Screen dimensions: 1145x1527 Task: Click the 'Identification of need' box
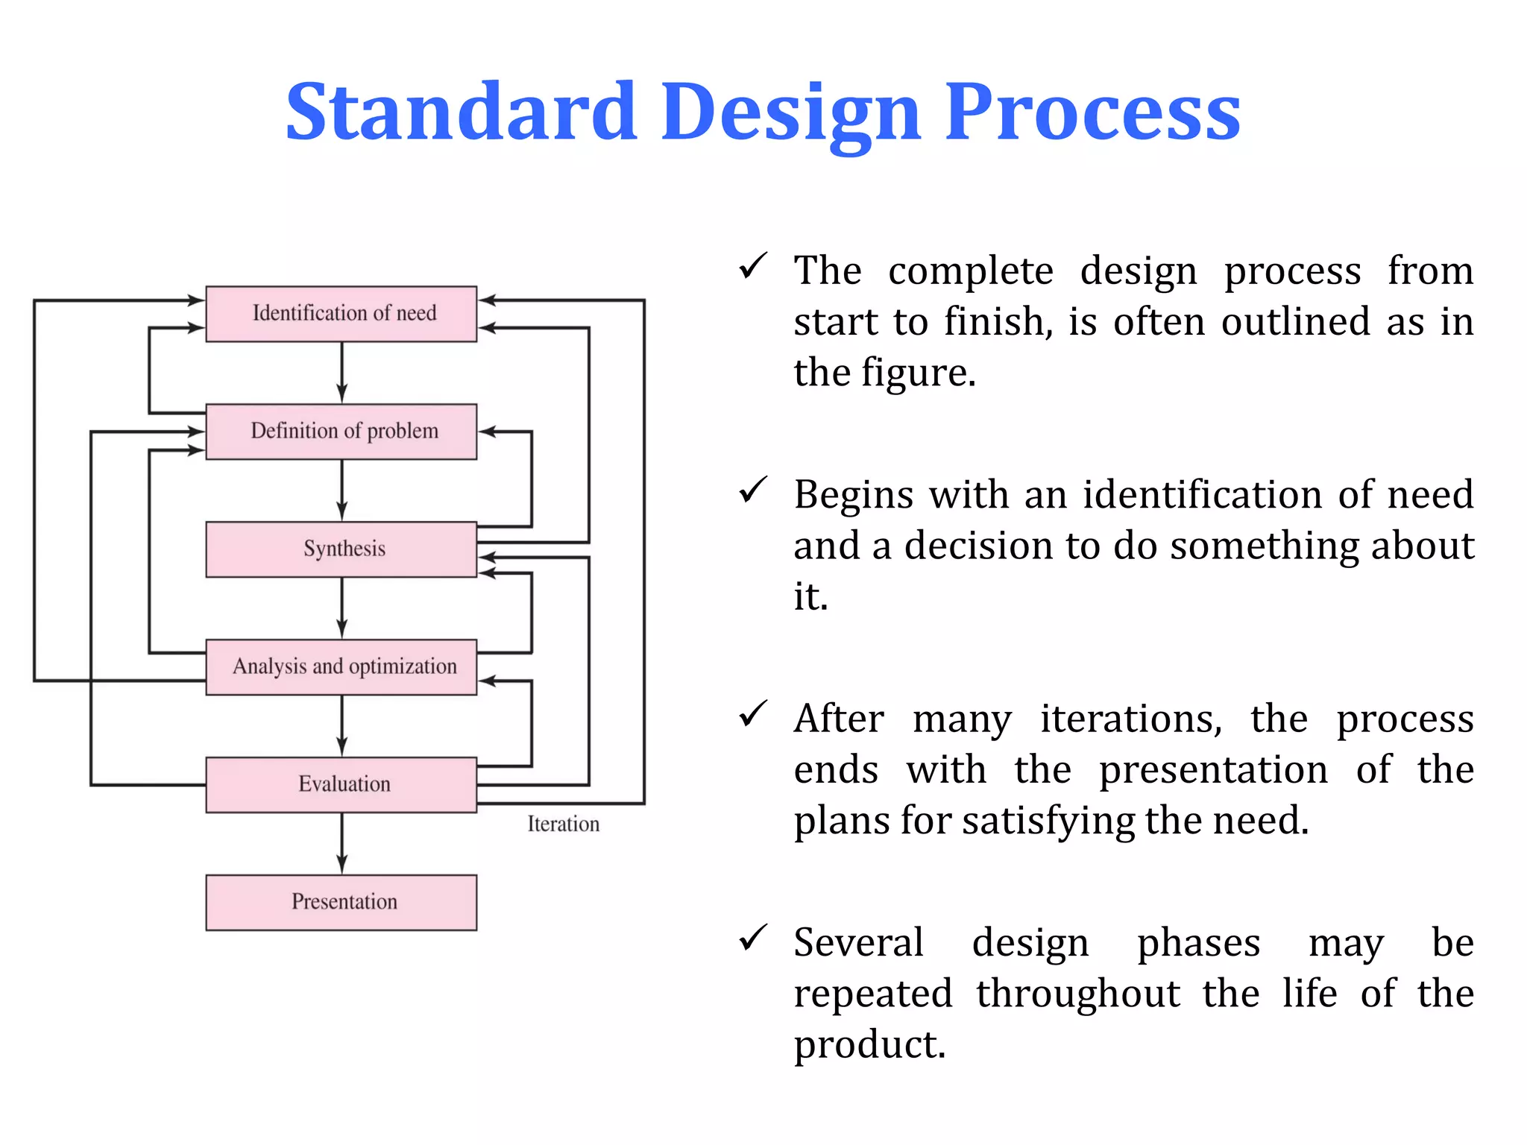pyautogui.click(x=341, y=313)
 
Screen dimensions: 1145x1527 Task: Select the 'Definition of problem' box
pyautogui.click(x=341, y=432)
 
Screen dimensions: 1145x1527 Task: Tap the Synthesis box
pyautogui.click(x=341, y=549)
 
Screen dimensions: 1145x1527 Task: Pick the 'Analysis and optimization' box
pyautogui.click(x=341, y=667)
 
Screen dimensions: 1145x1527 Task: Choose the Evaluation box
pyautogui.click(x=341, y=784)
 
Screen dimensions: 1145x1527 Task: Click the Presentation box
pyautogui.click(x=341, y=902)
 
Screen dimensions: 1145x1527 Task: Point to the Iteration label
pyautogui.click(x=563, y=824)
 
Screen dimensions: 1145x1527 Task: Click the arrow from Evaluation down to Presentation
pyautogui.click(x=341, y=843)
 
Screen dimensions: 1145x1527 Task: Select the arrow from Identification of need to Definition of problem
pyautogui.click(x=341, y=372)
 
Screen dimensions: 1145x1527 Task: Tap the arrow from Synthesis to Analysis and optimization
pyautogui.click(x=341, y=608)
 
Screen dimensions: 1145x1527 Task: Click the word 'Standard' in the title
pyautogui.click(x=462, y=112)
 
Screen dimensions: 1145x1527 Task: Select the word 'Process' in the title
pyautogui.click(x=1092, y=112)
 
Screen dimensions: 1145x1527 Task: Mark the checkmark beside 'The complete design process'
pyautogui.click(x=752, y=266)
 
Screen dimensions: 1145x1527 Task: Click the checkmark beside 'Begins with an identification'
pyautogui.click(x=752, y=490)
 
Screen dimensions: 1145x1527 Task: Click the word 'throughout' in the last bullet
pyautogui.click(x=1078, y=994)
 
